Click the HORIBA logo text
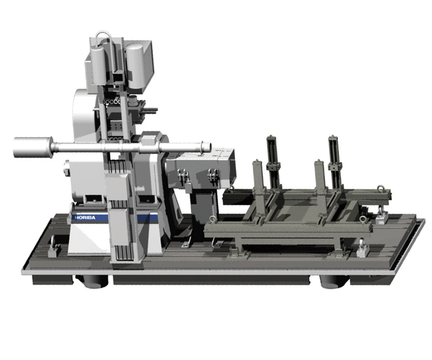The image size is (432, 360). tap(85, 218)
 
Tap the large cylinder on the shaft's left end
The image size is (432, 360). tap(32, 148)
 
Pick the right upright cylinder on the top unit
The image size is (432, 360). tap(135, 65)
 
